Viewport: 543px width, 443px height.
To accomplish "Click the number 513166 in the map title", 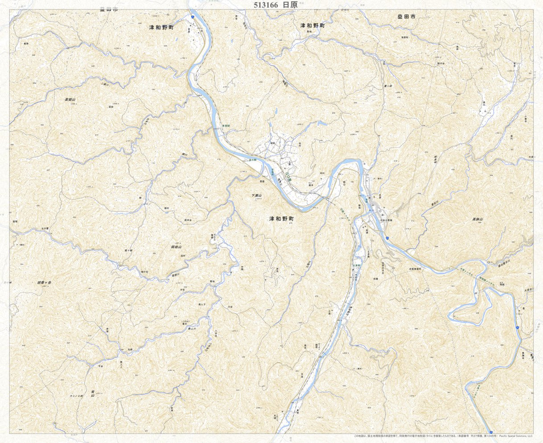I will (263, 5).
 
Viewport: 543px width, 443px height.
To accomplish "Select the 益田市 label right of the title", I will (406, 17).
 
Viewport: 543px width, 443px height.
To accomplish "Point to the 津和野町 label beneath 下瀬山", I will (281, 218).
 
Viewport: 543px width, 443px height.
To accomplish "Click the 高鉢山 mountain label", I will (478, 219).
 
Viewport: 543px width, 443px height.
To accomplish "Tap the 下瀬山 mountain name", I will (257, 195).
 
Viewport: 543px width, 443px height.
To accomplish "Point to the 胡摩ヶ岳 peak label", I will (44, 283).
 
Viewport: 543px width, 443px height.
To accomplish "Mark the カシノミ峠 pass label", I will (76, 395).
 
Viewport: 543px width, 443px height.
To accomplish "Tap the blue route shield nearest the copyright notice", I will (491, 432).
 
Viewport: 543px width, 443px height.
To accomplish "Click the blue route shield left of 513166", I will (193, 16).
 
